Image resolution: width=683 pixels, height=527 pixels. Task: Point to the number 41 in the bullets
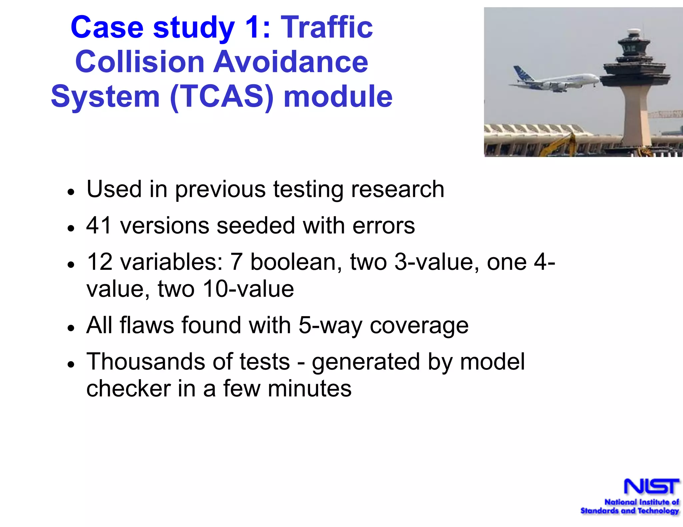pos(99,226)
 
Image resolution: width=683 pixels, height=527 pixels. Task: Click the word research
pos(398,189)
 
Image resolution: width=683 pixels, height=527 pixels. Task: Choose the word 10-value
pos(248,289)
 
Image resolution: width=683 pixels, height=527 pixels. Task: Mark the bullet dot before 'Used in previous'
pos(70,192)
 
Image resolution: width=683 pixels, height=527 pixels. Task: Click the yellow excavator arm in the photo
pos(564,143)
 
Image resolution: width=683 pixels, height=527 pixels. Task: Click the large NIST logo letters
pos(651,487)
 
